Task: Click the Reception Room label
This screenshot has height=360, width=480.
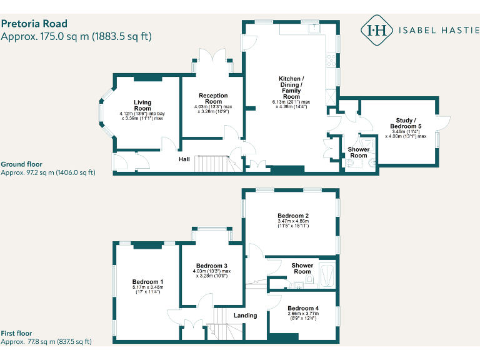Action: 213,98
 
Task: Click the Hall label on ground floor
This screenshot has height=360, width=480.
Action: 184,159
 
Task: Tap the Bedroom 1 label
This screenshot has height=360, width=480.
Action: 147,282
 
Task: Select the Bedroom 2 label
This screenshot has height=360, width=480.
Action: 293,216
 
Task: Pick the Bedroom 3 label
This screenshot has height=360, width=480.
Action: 211,265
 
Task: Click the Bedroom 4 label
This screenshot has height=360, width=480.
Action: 303,308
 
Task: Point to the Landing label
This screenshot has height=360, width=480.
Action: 245,316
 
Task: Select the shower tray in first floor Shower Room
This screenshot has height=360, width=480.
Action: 327,274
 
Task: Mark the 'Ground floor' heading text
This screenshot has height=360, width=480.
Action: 21,164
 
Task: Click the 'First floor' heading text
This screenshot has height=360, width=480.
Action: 16,334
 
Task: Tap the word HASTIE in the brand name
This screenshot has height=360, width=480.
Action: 457,29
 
